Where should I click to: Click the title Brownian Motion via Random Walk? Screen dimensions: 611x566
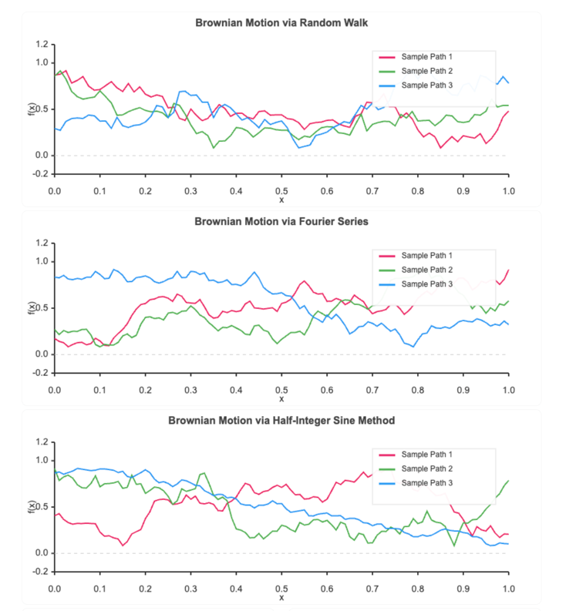click(x=281, y=22)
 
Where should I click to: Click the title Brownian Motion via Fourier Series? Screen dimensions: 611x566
click(x=281, y=221)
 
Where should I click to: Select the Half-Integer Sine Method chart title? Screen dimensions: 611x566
click(x=281, y=420)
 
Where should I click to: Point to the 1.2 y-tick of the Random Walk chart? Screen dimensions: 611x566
click(x=41, y=44)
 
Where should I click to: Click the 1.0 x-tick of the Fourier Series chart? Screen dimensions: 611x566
click(x=508, y=389)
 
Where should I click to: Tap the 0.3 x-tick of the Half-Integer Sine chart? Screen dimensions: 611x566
click(x=190, y=588)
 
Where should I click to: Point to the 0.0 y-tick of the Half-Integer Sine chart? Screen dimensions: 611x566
click(x=41, y=553)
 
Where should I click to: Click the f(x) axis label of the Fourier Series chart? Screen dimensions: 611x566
click(x=32, y=308)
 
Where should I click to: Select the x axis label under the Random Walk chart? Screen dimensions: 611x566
click(x=281, y=200)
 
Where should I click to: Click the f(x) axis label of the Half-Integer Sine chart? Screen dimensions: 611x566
click(x=32, y=507)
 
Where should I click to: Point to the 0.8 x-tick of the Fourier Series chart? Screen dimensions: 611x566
click(x=417, y=389)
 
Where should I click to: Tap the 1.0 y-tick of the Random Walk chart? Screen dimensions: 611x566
click(x=41, y=62)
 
